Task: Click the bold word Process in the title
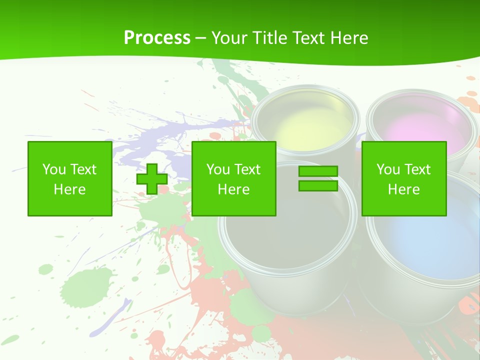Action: point(157,38)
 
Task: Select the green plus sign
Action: point(152,179)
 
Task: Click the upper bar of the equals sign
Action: point(318,171)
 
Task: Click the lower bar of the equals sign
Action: point(318,186)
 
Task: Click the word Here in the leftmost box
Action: point(69,189)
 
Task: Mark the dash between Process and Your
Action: point(200,38)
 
